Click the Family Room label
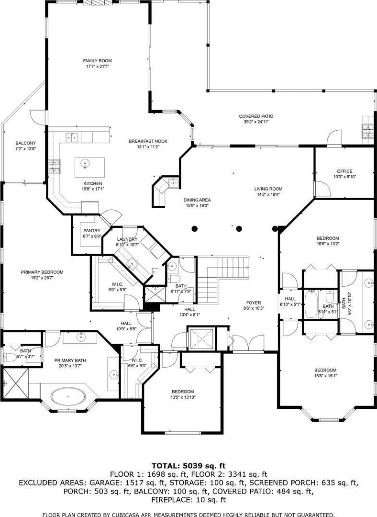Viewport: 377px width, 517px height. click(97, 61)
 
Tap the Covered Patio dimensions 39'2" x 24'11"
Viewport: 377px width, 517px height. click(256, 122)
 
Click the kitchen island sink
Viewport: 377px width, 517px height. click(85, 163)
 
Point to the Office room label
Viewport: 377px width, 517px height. click(344, 171)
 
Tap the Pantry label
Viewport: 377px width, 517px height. click(91, 230)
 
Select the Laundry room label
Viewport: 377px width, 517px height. click(127, 239)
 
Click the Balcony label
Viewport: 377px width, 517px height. click(26, 143)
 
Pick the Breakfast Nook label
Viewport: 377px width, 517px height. click(148, 141)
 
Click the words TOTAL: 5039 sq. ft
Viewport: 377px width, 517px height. click(188, 466)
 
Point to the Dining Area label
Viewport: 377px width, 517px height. click(197, 200)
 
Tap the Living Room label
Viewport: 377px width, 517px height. click(268, 189)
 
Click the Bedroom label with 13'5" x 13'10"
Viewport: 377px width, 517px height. click(183, 392)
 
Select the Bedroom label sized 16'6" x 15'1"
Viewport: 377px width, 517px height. click(325, 370)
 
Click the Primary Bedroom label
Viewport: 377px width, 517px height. click(42, 272)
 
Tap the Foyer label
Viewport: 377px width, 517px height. click(254, 303)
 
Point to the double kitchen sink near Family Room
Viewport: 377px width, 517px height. click(71, 136)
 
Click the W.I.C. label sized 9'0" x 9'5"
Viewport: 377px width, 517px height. click(117, 284)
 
